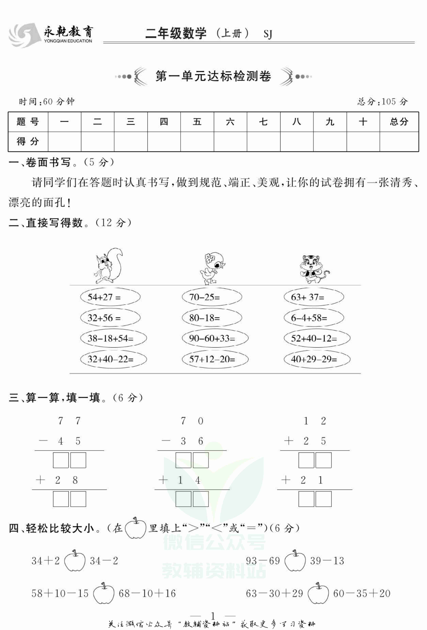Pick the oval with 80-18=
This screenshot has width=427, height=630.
(212, 318)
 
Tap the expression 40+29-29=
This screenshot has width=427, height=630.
(317, 359)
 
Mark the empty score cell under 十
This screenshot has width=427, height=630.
(363, 141)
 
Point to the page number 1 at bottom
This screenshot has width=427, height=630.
(213, 615)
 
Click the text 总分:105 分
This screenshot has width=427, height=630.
(382, 102)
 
